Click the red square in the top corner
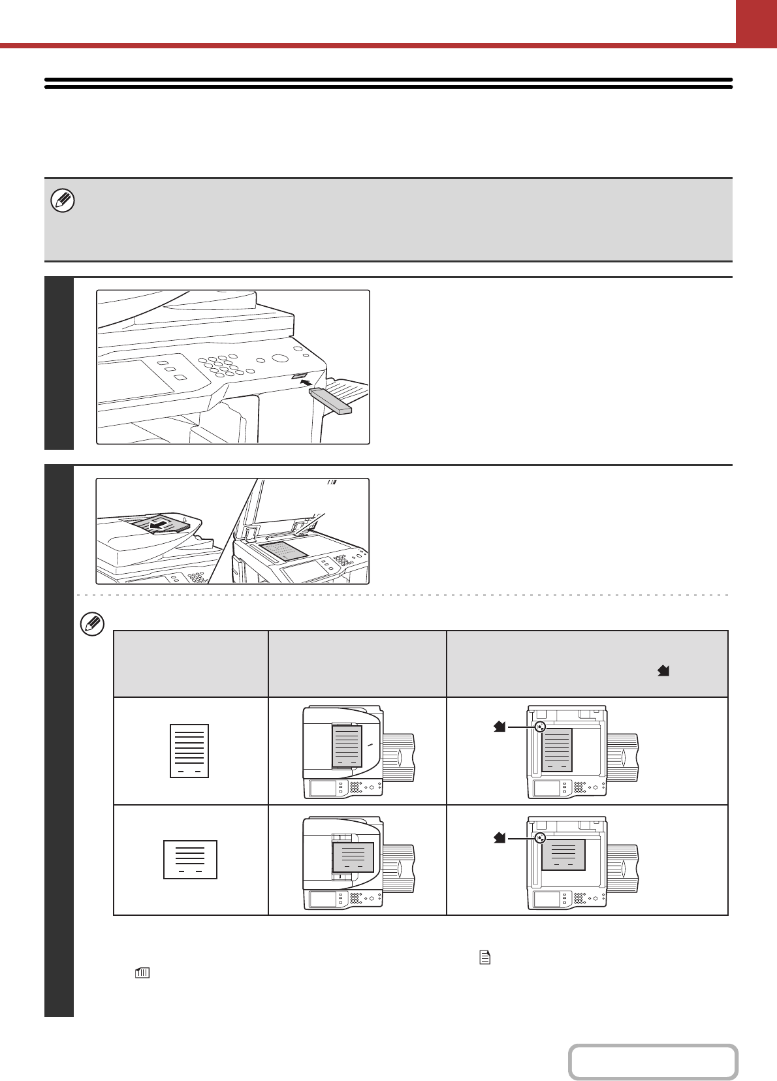click(x=756, y=22)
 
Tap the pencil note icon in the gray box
click(x=63, y=200)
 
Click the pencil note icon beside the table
click(x=91, y=624)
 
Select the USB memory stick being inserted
click(x=331, y=401)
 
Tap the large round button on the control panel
click(x=281, y=359)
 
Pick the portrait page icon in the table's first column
click(x=189, y=751)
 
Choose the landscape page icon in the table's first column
click(x=190, y=860)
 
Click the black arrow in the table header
click(x=663, y=670)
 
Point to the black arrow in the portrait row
click(x=500, y=727)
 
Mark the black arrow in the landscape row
click(x=500, y=838)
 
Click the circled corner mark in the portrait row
click(x=539, y=727)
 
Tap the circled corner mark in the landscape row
click(x=539, y=839)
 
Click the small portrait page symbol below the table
click(x=484, y=958)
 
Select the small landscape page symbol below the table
click(x=142, y=973)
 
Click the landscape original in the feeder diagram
click(x=353, y=857)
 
